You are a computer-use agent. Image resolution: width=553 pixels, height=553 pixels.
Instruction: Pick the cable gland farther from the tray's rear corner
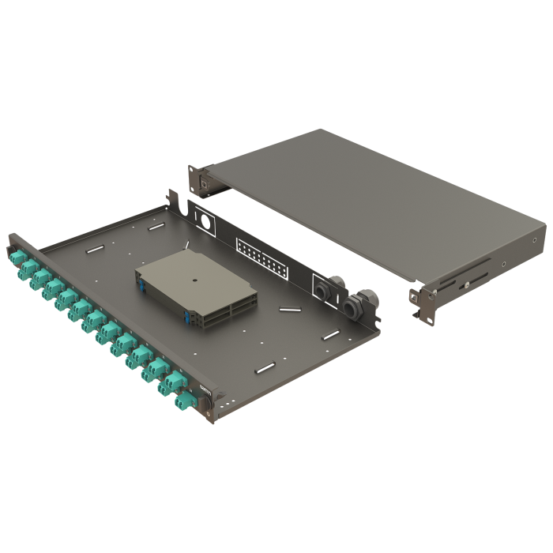coord(325,288)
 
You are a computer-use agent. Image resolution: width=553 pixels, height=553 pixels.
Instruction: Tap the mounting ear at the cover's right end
coord(423,301)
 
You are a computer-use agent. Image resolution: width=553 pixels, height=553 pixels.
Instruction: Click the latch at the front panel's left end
coord(10,239)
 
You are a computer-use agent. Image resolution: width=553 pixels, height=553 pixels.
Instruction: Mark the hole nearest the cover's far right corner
coord(535,240)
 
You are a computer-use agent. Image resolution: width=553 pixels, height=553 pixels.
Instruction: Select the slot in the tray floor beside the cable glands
coord(330,336)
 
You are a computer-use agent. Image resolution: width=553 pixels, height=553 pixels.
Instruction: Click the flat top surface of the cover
coord(371,197)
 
